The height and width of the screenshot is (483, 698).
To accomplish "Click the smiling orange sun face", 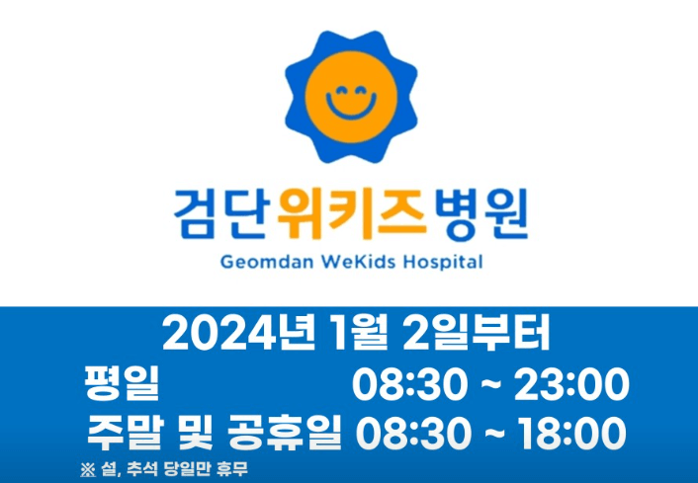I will click(348, 98).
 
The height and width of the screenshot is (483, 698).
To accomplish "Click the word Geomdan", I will click(253, 263).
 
